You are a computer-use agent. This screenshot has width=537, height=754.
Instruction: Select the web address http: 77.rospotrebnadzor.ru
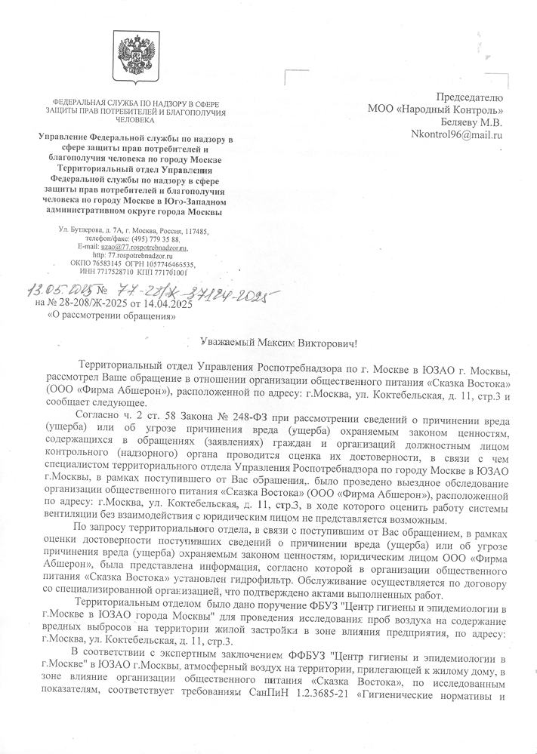(133, 256)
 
